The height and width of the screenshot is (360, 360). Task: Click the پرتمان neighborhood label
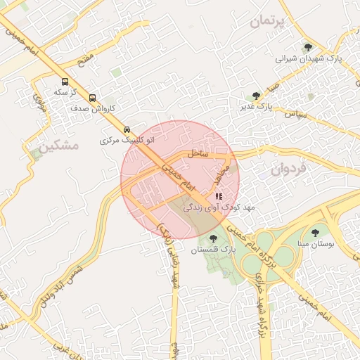(x=269, y=22)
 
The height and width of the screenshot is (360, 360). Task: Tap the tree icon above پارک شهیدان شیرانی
(x=308, y=48)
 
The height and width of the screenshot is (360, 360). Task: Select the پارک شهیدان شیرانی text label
(x=308, y=59)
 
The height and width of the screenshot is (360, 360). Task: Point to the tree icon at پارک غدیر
(x=256, y=96)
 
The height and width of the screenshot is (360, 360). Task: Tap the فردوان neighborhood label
(x=289, y=169)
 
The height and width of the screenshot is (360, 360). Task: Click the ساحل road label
(x=195, y=153)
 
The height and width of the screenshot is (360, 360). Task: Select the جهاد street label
(x=223, y=173)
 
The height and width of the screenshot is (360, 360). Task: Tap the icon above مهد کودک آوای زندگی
(x=219, y=196)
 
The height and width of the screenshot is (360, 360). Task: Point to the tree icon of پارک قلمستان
(x=214, y=238)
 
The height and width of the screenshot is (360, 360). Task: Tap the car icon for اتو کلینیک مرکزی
(x=127, y=129)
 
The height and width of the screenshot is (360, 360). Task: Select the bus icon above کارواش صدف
(x=93, y=98)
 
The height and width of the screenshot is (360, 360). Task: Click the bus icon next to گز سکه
(x=65, y=81)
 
